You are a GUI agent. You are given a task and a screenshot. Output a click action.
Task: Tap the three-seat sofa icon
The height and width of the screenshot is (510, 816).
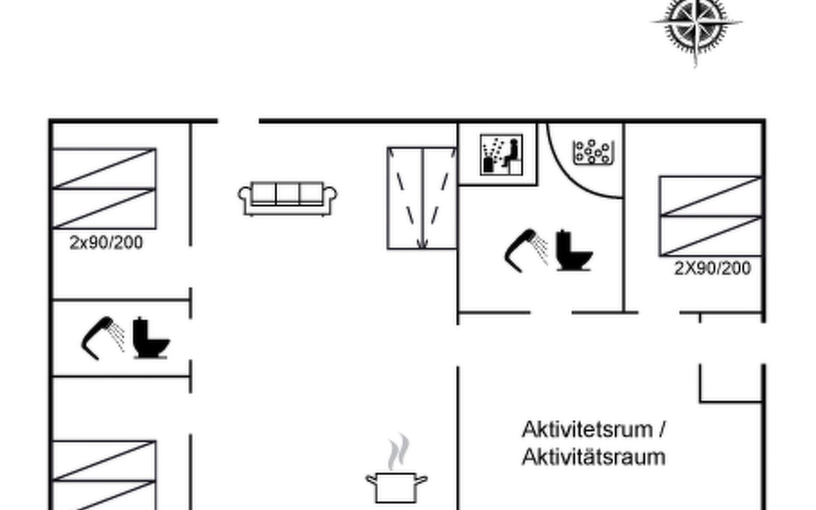pyautogui.click(x=288, y=198)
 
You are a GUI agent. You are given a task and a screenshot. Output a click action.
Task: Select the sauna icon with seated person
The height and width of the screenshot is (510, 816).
pyautogui.click(x=501, y=155)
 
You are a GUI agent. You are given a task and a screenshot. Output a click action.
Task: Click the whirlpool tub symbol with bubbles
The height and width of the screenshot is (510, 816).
pyautogui.click(x=593, y=152)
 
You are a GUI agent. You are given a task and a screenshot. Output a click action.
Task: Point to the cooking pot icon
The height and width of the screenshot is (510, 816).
pyautogui.click(x=397, y=487)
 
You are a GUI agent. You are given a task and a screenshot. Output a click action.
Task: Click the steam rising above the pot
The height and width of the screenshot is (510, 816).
pyautogui.click(x=398, y=452)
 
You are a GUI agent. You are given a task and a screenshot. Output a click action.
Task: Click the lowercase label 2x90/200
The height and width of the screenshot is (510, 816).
pyautogui.click(x=106, y=243)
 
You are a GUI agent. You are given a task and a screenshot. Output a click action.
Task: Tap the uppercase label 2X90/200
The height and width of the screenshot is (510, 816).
pyautogui.click(x=713, y=268)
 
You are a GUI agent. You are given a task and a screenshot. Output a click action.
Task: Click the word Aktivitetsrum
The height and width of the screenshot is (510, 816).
pyautogui.click(x=587, y=430)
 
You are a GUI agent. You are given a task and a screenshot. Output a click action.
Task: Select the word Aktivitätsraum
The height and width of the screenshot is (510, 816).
pyautogui.click(x=594, y=457)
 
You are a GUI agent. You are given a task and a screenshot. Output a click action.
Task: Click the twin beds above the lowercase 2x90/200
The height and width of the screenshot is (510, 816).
pyautogui.click(x=104, y=188)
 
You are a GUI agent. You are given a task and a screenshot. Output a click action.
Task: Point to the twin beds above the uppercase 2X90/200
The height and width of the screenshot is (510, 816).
pyautogui.click(x=710, y=216)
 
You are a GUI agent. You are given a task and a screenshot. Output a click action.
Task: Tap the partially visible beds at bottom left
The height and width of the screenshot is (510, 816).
pyautogui.click(x=104, y=475)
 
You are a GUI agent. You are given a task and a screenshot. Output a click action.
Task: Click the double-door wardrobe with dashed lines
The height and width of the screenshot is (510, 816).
pyautogui.click(x=422, y=198)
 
